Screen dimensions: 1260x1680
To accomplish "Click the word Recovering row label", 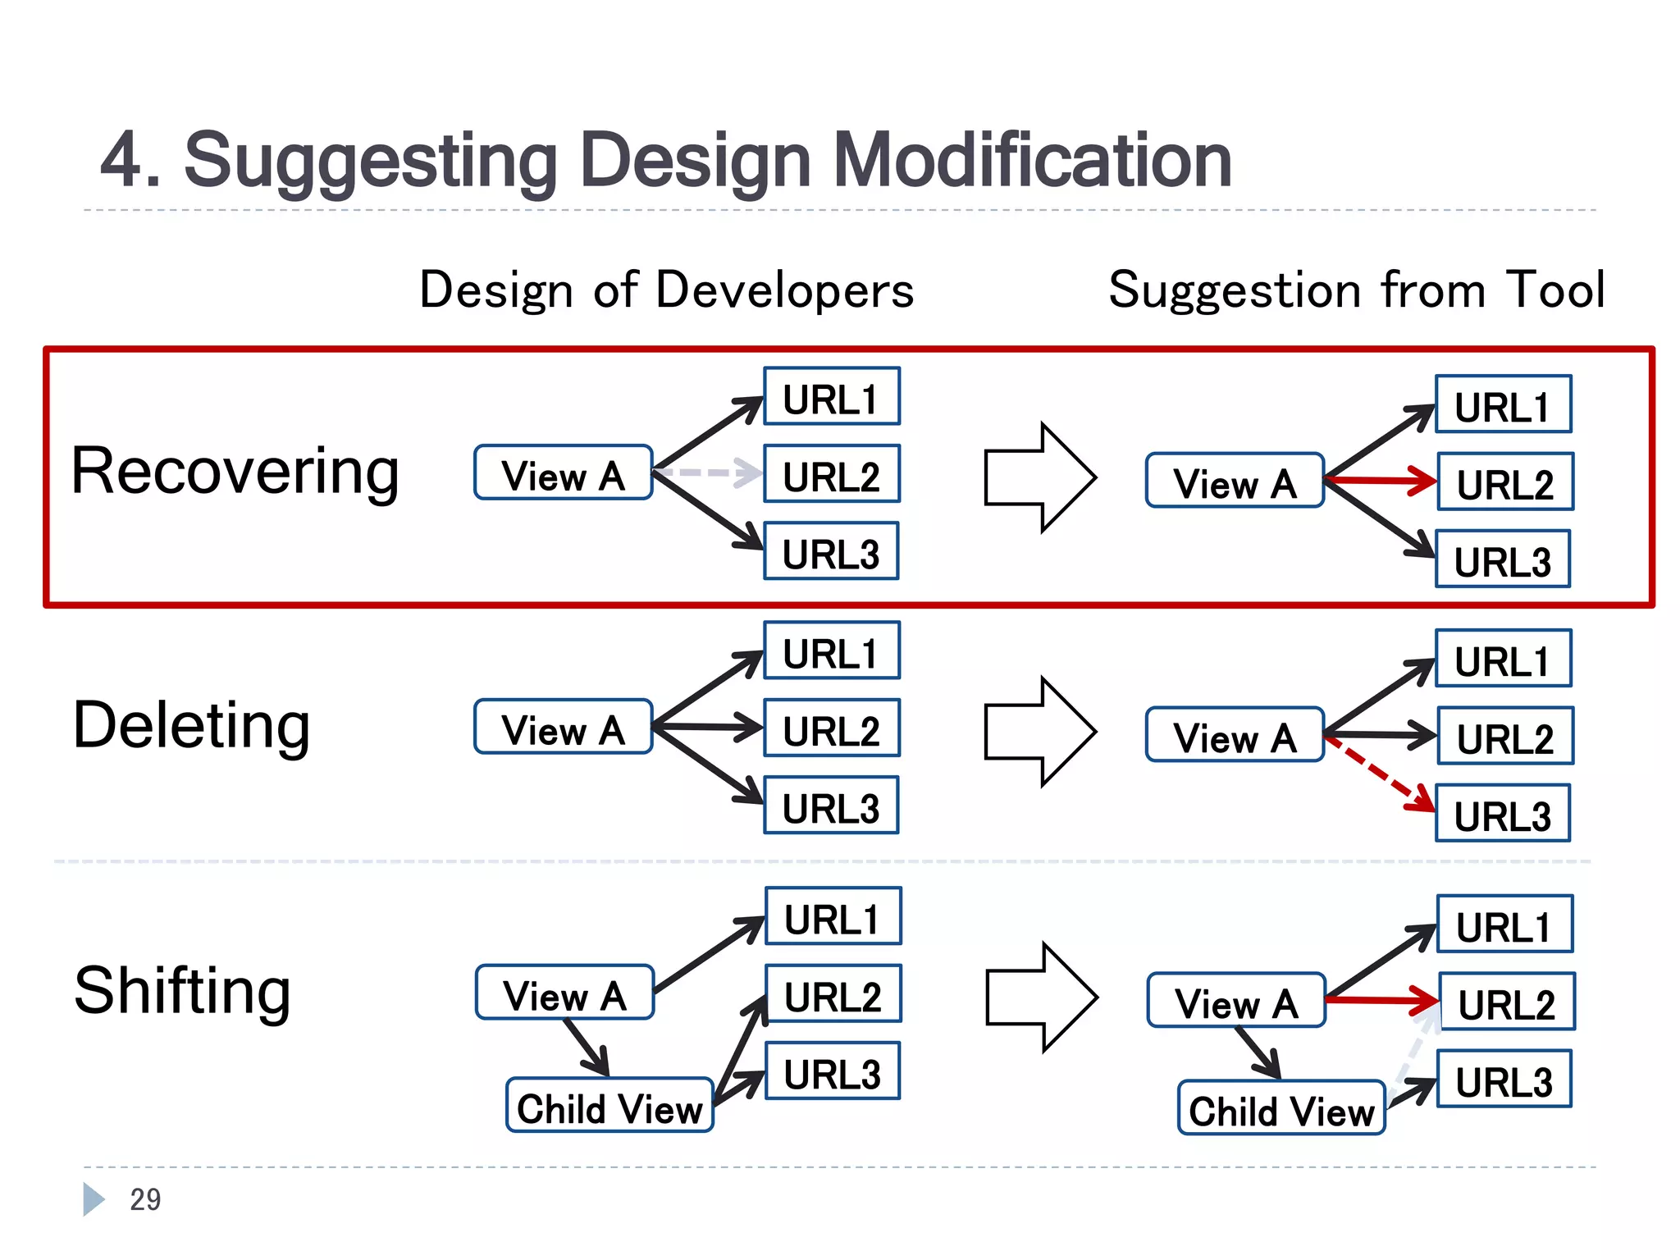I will (235, 472).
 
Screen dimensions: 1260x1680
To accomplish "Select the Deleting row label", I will (192, 726).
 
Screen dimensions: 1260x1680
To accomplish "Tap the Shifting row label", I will (182, 991).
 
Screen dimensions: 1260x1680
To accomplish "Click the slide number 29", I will (145, 1200).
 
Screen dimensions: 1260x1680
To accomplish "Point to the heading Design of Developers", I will (666, 290).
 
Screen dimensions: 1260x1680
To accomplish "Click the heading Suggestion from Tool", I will (1356, 290).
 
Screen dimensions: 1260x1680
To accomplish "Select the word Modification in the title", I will (1032, 161).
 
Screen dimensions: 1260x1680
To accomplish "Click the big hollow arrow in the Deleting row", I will (1040, 732).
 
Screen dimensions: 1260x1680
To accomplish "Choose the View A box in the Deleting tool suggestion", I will (1235, 735).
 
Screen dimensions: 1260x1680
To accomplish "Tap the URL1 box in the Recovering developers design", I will (831, 397).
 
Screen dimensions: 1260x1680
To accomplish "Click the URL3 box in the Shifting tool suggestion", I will (1504, 1080).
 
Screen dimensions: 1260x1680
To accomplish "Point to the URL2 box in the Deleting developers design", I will (831, 728).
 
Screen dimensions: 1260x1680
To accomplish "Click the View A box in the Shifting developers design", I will (564, 993).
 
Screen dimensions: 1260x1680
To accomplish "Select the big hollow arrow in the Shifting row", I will (1041, 997).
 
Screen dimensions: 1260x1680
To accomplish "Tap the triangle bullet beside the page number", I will (93, 1199).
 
